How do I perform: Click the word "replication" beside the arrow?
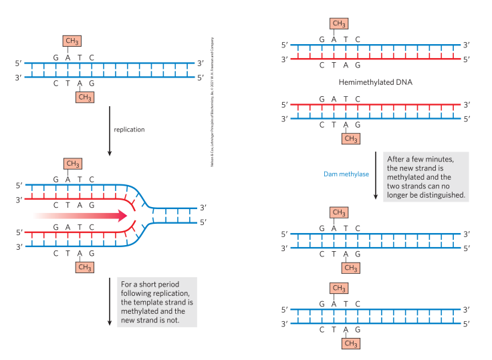(129, 129)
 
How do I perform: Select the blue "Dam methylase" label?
(346, 175)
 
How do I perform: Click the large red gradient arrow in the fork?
(81, 216)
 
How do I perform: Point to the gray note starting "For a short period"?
(156, 302)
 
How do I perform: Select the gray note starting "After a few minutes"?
(426, 177)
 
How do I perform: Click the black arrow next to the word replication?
(110, 130)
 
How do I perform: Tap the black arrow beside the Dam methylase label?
(376, 179)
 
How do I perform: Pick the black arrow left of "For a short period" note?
(110, 302)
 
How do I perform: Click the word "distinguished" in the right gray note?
(441, 196)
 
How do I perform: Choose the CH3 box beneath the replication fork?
(84, 267)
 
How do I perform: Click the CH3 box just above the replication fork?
(72, 164)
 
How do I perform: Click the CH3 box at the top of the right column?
(339, 24)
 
